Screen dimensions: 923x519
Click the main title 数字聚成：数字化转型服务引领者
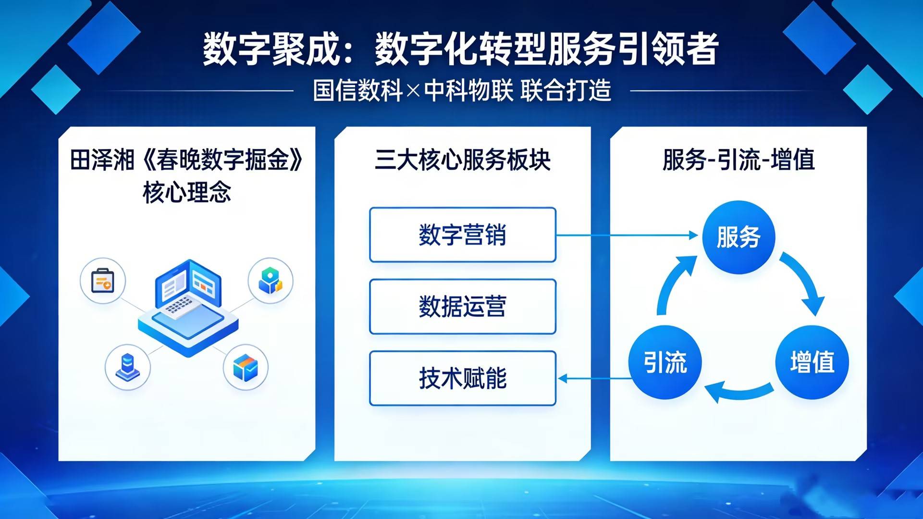(x=460, y=49)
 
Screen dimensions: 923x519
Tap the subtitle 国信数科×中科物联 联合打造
(x=462, y=90)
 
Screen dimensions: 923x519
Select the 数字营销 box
(x=463, y=235)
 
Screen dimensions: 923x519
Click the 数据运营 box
(x=463, y=307)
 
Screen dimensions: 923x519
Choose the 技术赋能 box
(x=463, y=378)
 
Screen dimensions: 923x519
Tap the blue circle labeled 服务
(x=738, y=237)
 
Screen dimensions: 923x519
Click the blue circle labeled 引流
(x=665, y=362)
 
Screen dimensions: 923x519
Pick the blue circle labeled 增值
(x=812, y=362)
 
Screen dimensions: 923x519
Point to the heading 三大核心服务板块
(x=462, y=160)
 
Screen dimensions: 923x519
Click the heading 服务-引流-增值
(x=738, y=160)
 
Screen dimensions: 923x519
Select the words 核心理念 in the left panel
(x=187, y=192)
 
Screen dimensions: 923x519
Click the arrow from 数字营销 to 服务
(x=627, y=235)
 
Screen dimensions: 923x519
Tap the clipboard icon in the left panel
(x=103, y=281)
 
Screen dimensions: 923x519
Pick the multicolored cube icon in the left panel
(x=246, y=368)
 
